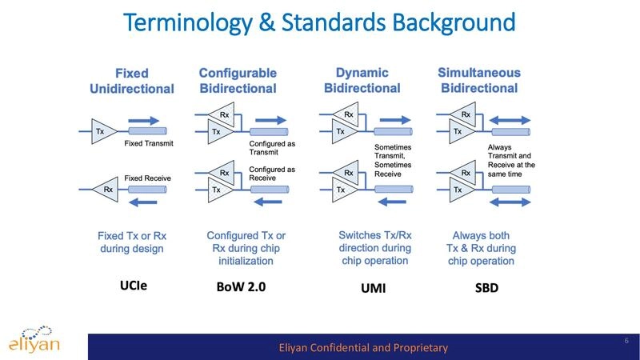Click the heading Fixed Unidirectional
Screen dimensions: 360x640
click(x=131, y=81)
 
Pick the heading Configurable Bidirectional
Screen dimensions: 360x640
click(x=238, y=81)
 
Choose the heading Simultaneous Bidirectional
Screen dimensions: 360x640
click(x=479, y=81)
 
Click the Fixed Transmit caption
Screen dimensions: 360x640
click(x=149, y=144)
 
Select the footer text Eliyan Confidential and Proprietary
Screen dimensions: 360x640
click(x=362, y=347)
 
